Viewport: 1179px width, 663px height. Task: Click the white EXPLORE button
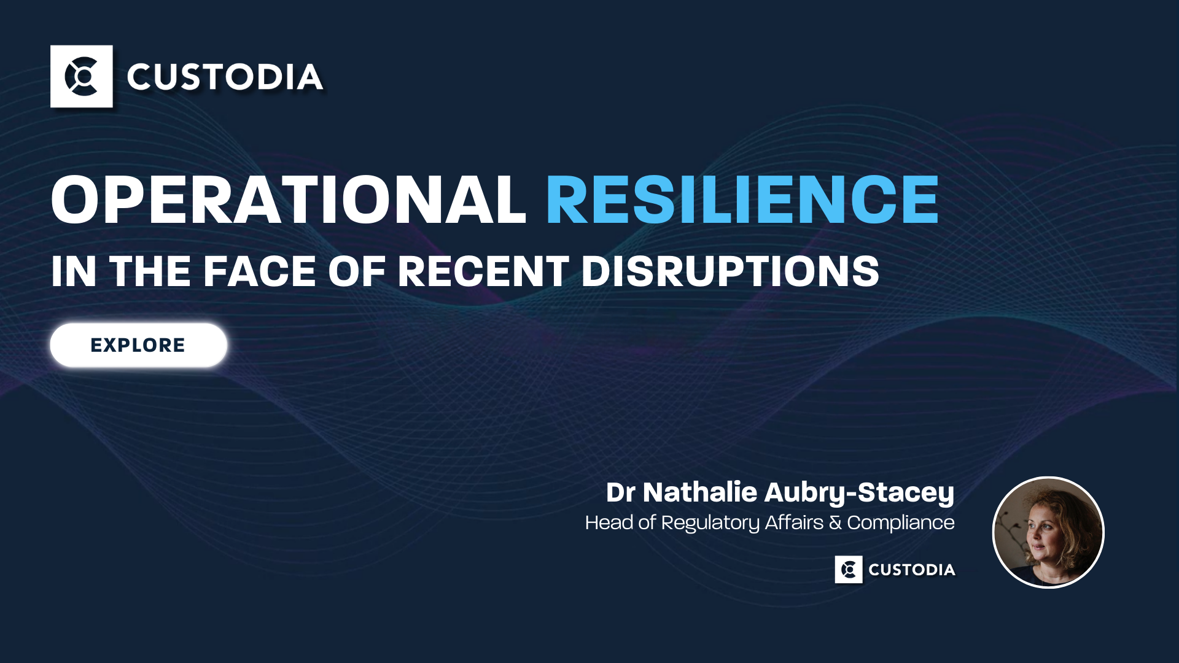point(138,345)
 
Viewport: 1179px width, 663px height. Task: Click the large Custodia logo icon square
point(82,76)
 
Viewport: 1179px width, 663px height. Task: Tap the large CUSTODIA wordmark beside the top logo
point(225,77)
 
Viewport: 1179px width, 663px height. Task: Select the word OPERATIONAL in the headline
point(289,200)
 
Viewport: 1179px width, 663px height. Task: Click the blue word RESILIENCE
point(742,200)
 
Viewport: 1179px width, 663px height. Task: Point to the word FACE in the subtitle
point(259,271)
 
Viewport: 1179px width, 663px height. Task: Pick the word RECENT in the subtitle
point(483,271)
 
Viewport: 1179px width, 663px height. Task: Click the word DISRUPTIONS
point(730,271)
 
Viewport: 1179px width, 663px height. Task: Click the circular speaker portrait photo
point(1048,532)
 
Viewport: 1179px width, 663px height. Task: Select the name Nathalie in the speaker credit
point(700,492)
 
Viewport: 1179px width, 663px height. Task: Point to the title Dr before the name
point(621,492)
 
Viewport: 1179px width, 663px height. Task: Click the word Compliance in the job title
point(901,522)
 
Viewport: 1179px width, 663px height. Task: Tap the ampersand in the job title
point(835,522)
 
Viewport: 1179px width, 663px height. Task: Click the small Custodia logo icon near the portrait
point(849,570)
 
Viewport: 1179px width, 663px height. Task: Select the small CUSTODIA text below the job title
point(912,570)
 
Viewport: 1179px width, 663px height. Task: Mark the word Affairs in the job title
point(794,522)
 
